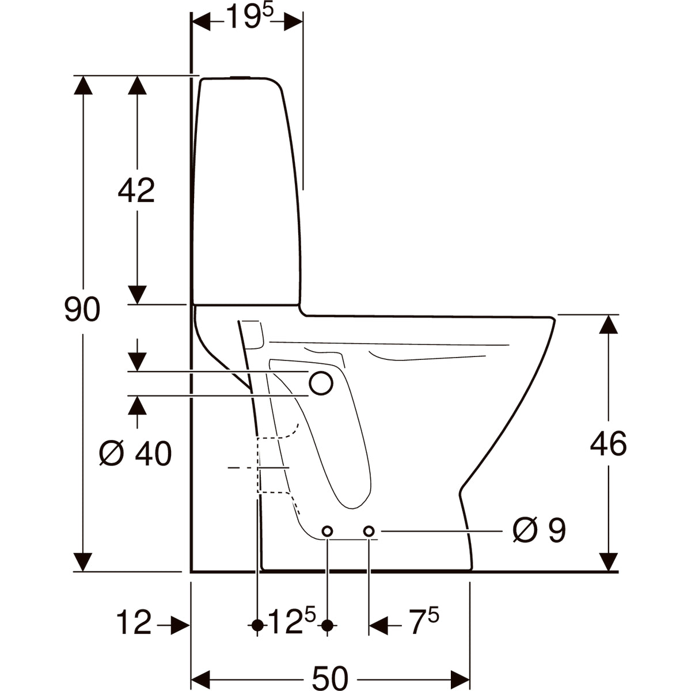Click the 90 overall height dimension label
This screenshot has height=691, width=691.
82,309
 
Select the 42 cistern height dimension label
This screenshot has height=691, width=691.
136,191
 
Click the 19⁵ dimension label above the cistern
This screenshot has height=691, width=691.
249,16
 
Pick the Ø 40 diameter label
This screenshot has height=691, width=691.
135,453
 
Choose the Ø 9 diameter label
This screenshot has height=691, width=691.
540,530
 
